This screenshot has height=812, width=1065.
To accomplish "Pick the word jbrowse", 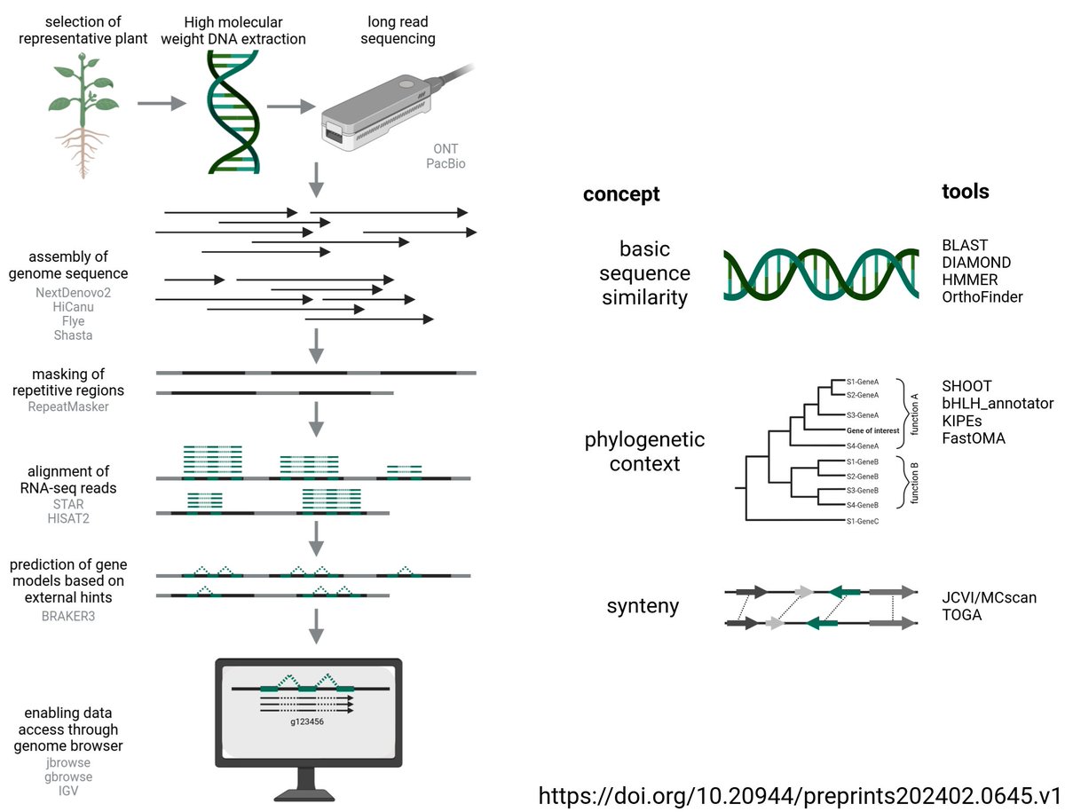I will pos(68,761).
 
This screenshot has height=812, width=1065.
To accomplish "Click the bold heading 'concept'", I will pos(621,194).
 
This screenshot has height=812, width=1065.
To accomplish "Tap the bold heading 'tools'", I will pos(965,192).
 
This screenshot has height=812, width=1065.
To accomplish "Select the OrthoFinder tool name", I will pos(982,297).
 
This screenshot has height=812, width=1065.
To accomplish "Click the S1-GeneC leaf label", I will pos(862,520).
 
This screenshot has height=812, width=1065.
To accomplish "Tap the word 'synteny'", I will pos(643,606).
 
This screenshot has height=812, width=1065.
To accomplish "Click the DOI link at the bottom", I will pos(800,794).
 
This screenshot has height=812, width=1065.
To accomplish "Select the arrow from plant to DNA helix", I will pos(161,104).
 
